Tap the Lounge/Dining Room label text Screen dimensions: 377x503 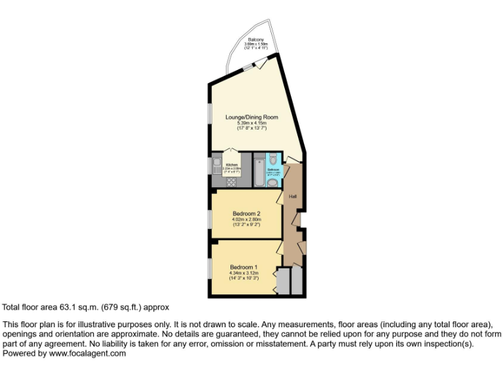[251, 117]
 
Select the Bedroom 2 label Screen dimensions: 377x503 [246, 213]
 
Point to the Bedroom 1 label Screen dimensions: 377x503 [244, 266]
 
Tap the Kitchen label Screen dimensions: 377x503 [232, 164]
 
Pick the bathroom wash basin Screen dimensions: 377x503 [272, 183]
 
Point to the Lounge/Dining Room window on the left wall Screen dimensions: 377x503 [210, 113]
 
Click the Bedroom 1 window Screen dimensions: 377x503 [210, 268]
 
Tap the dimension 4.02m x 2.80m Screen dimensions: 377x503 [246, 219]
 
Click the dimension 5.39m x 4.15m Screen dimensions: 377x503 [251, 123]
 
